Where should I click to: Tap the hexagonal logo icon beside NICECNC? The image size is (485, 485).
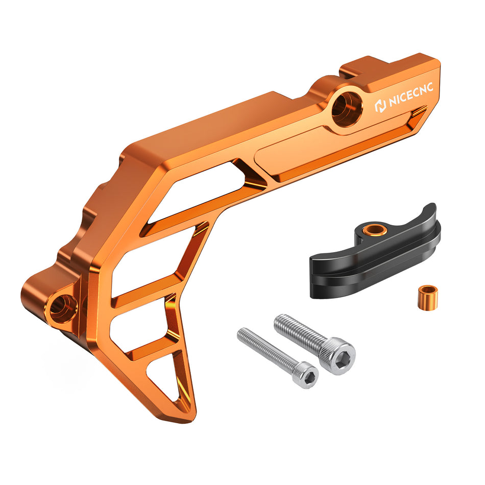(380, 106)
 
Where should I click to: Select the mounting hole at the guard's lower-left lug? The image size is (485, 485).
(61, 308)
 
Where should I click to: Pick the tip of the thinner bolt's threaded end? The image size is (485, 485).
(240, 334)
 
